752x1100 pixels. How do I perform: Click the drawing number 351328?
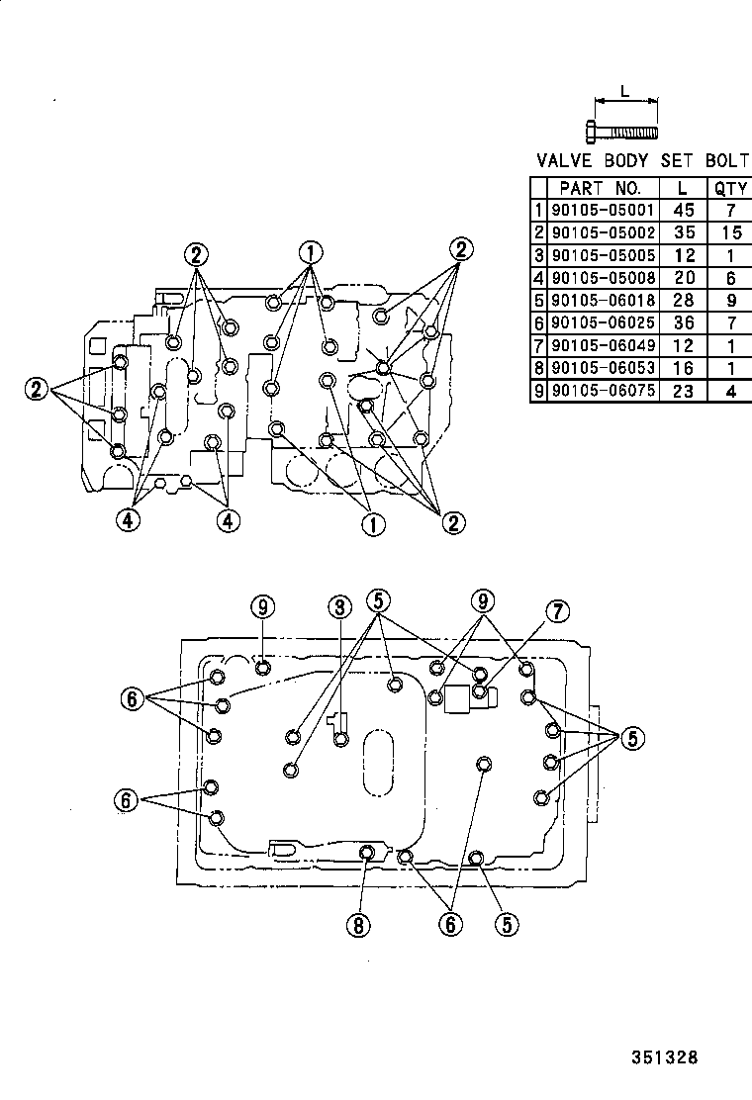[665, 1057]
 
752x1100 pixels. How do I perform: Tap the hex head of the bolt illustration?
[591, 131]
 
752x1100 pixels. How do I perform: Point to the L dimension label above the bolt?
[624, 91]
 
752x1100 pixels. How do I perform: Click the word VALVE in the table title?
[565, 160]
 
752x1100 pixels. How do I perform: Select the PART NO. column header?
[601, 187]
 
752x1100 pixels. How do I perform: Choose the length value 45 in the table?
[682, 210]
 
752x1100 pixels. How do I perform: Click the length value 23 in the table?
[682, 391]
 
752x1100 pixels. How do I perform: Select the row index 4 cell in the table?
[538, 278]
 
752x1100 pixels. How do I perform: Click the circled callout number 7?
[556, 612]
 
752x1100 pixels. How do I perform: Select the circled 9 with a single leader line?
[261, 606]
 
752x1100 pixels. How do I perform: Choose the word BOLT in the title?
[727, 160]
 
